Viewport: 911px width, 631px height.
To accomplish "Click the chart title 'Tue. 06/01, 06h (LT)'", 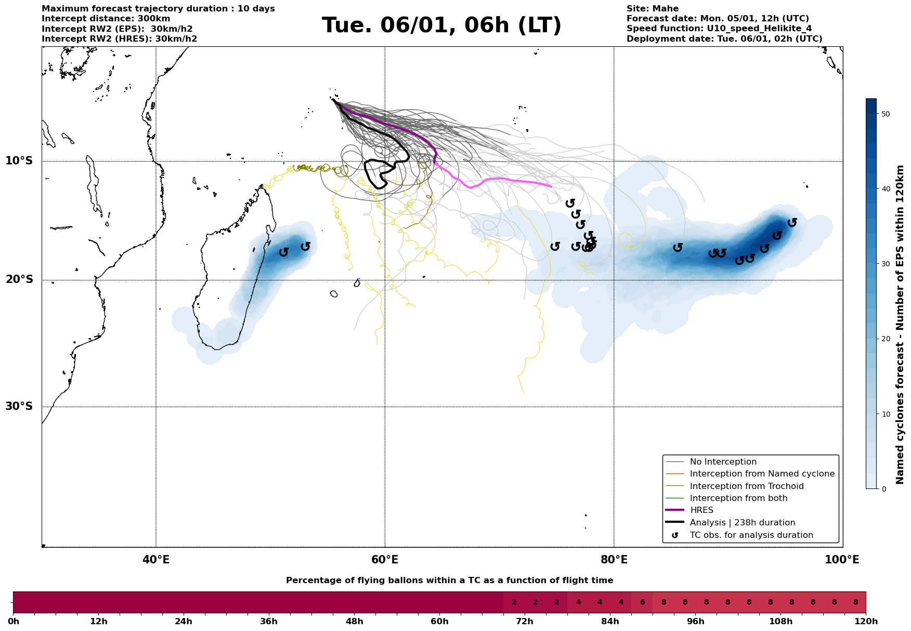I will tap(441, 25).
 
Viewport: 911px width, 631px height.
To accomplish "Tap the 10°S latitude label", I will tap(19, 161).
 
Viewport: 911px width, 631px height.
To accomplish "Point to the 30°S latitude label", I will tap(19, 406).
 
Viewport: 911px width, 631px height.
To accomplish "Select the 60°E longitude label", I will tap(385, 560).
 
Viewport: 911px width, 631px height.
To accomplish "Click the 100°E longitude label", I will tap(842, 560).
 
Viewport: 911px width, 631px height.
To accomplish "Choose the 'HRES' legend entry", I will tap(701, 510).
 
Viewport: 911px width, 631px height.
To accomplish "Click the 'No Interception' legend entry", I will tap(723, 462).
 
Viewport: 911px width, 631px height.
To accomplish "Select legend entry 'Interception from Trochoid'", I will tap(747, 486).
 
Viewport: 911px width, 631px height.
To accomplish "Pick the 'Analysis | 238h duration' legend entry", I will tap(742, 523).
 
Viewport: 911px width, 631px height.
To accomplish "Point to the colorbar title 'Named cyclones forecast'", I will tap(900, 325).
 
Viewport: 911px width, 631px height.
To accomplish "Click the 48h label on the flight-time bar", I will tap(354, 622).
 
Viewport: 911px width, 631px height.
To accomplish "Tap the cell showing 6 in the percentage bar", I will tap(642, 602).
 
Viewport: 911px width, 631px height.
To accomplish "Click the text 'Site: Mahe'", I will tap(653, 9).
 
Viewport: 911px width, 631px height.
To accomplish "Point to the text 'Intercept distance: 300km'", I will tap(106, 19).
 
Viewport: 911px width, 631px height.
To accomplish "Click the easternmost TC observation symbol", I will tap(792, 223).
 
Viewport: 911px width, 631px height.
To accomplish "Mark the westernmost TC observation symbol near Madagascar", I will tap(283, 252).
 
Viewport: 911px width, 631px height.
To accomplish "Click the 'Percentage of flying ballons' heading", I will tap(449, 581).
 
